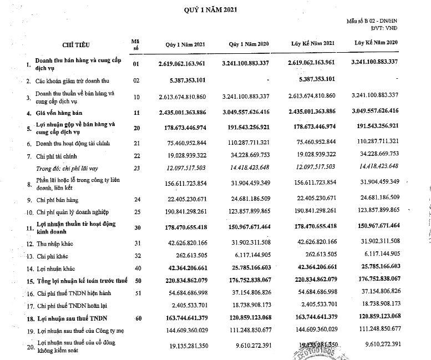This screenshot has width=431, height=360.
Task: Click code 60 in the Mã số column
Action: pos(135,317)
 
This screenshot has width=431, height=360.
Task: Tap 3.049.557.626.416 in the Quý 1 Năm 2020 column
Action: pos(245,113)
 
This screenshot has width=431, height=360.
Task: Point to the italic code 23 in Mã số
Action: pos(134,166)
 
